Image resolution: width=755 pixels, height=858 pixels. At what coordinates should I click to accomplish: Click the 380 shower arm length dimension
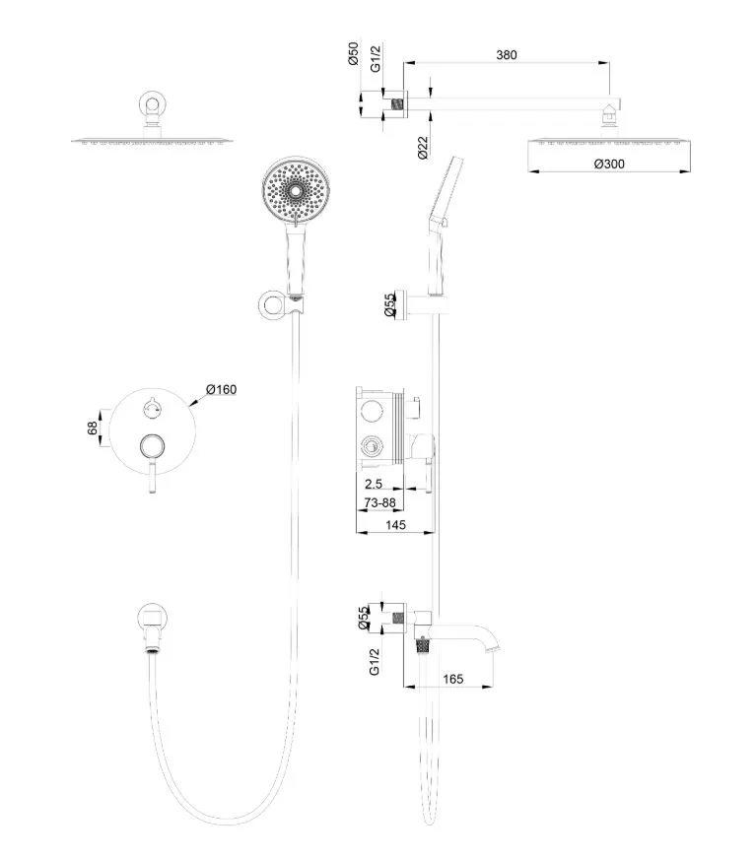tap(507, 55)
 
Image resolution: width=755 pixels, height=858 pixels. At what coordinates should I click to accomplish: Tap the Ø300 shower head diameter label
tap(612, 164)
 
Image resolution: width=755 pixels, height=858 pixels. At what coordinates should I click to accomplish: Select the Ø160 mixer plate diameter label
tap(221, 389)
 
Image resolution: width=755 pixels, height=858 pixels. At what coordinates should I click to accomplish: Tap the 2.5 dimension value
tap(375, 485)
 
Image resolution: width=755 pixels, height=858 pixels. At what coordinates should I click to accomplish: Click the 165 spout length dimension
tap(453, 678)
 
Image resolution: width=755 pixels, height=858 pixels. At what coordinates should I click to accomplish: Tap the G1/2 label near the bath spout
tap(375, 662)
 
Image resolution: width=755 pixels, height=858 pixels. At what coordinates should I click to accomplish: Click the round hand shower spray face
tap(293, 189)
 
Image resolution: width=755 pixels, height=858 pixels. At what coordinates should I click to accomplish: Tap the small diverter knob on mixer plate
tap(151, 403)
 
